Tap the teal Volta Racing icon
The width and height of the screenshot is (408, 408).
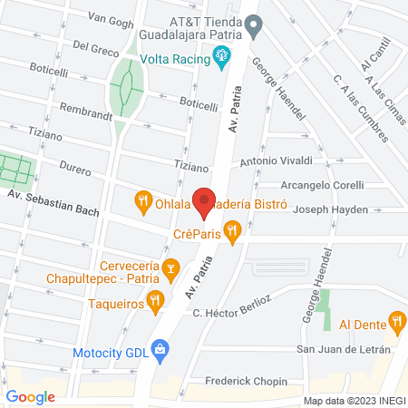coord(220,59)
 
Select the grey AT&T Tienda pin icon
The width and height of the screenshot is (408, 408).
coord(256,28)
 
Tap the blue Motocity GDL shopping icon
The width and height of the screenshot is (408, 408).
coord(160,347)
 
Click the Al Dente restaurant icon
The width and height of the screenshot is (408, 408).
coord(396,319)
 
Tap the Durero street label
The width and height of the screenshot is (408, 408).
coord(76,168)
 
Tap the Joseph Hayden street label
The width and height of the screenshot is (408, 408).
coord(331,209)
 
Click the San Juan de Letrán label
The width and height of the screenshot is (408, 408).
coord(343,349)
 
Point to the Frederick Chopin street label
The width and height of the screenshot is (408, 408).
coord(246,382)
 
